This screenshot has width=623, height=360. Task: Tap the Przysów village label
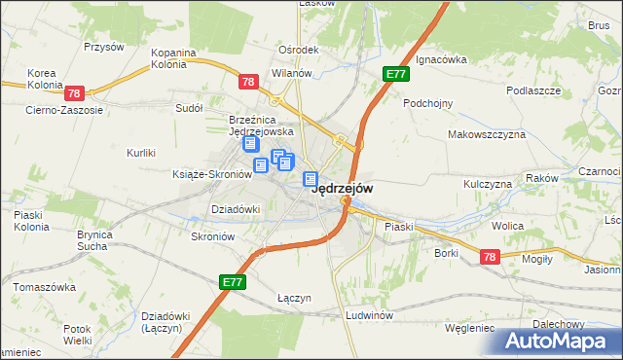tap(104, 47)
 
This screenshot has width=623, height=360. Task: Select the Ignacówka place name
tap(441, 59)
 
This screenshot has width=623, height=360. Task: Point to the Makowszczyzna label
tap(486, 134)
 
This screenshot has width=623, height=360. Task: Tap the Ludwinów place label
tap(369, 316)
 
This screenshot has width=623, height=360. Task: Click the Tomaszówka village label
tap(45, 288)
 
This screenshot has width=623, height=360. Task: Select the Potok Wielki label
tap(63, 336)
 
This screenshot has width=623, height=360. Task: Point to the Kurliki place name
tap(142, 153)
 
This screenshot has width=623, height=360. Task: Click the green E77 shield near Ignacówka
tap(395, 74)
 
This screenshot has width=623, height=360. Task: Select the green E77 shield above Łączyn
tap(232, 282)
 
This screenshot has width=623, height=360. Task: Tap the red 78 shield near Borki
tap(490, 256)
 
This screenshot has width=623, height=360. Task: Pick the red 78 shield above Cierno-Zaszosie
tap(75, 93)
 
